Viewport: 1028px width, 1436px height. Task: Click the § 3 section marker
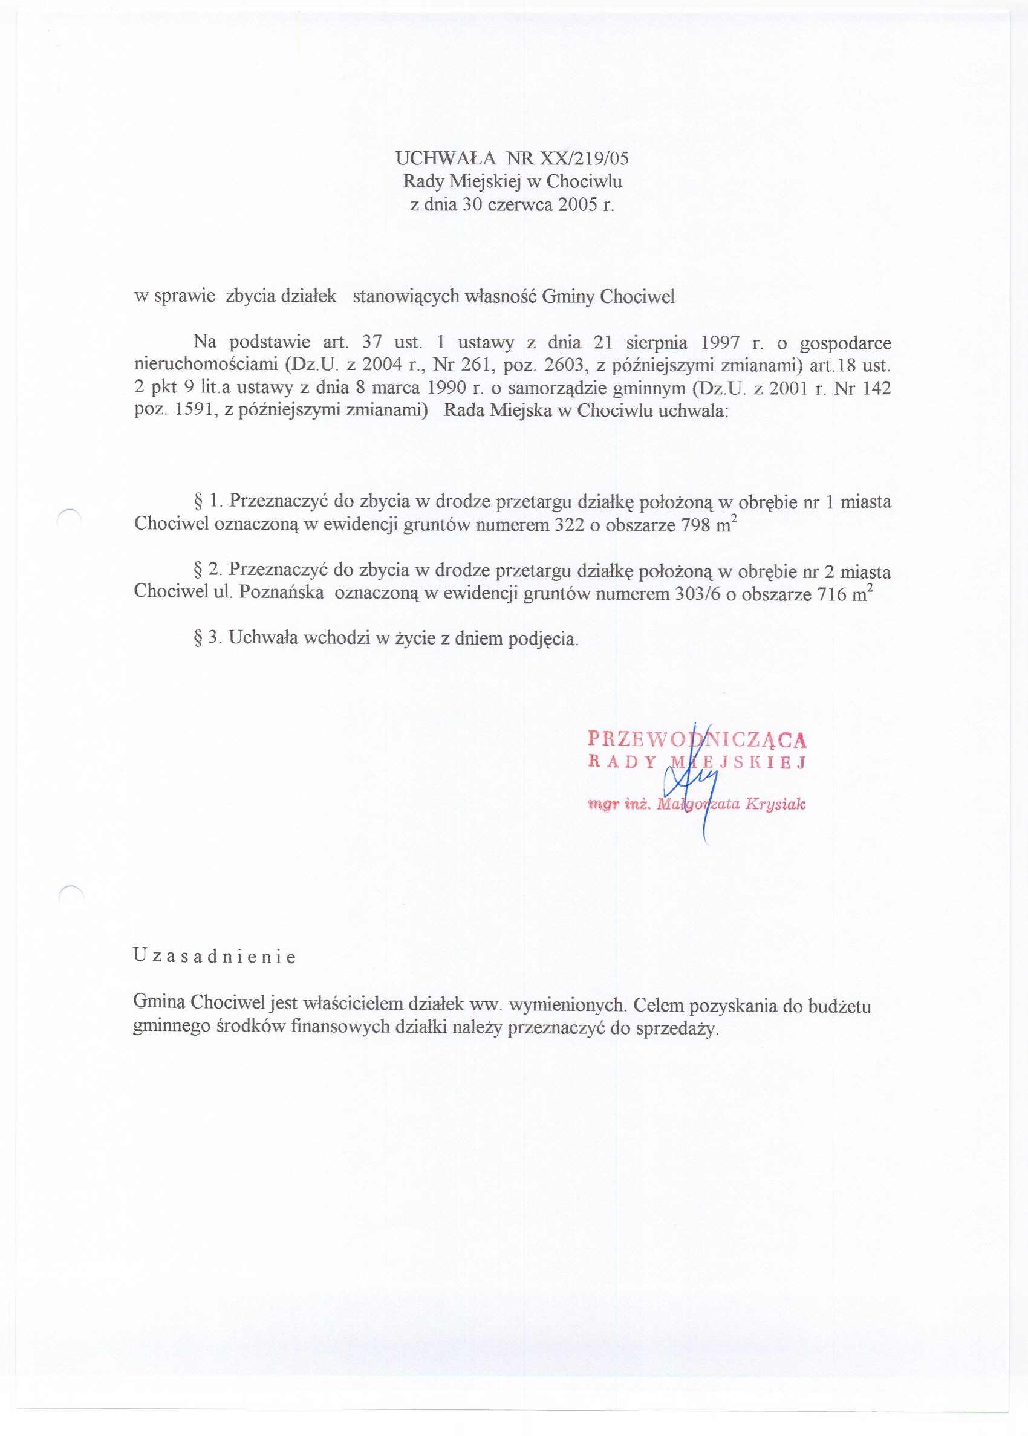point(207,637)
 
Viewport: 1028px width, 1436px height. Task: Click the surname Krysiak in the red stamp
point(775,804)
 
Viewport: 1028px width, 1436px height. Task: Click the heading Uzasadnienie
point(214,957)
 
